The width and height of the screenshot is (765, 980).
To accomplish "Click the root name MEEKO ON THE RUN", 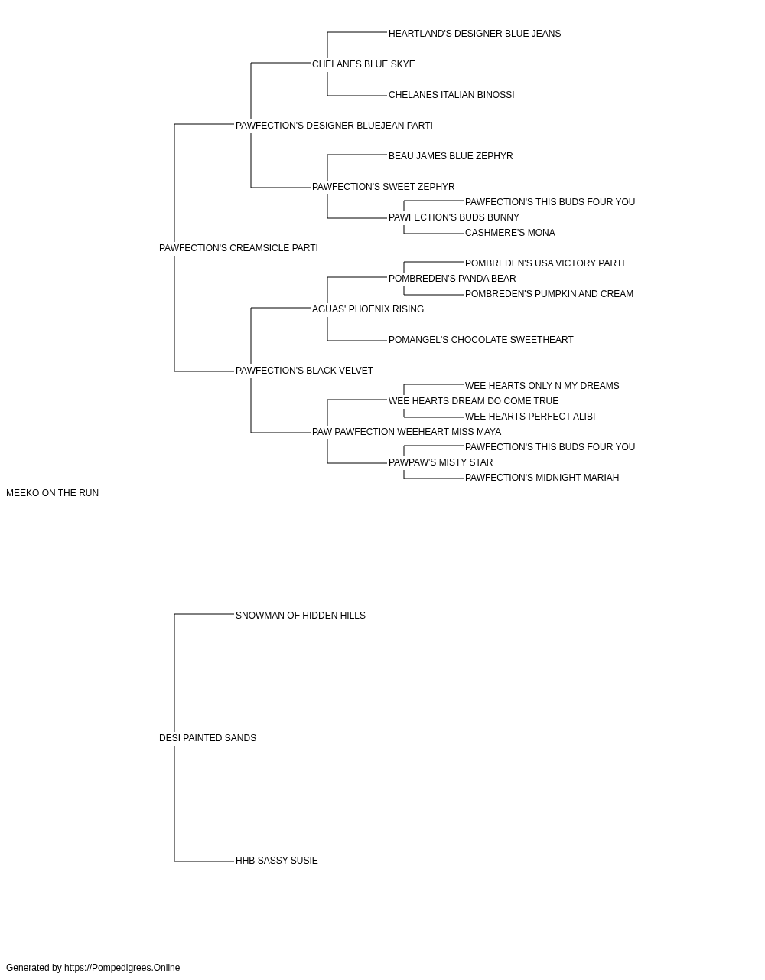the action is [52, 493].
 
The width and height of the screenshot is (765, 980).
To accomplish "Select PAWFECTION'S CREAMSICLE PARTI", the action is [239, 248].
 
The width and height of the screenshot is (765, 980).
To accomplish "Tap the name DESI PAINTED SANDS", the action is [207, 738].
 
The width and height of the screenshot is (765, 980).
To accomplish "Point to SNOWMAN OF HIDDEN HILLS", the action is [301, 615].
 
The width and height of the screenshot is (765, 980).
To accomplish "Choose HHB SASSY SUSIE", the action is [277, 861].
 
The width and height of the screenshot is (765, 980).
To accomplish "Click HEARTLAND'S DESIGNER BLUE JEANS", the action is [475, 34].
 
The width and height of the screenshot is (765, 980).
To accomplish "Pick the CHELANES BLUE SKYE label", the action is [363, 64].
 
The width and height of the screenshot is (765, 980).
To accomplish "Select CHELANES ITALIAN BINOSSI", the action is [451, 95].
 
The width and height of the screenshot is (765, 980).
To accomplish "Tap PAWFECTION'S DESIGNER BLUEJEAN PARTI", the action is [334, 126].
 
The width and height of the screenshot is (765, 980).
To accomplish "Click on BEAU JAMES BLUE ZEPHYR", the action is [451, 156].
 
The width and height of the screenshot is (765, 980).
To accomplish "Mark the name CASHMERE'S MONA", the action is [510, 233].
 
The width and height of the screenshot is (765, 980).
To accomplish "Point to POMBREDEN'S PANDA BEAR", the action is [452, 279].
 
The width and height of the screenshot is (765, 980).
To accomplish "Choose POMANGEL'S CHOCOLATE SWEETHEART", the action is [481, 340].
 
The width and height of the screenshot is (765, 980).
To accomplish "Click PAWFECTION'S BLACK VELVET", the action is [304, 371].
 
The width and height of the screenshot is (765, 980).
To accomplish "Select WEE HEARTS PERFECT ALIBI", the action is [530, 416].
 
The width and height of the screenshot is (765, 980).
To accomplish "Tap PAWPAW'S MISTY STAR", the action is [441, 462].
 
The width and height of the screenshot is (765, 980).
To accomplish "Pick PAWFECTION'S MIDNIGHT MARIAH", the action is [542, 478].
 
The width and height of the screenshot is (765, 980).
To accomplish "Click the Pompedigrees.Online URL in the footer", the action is [122, 968].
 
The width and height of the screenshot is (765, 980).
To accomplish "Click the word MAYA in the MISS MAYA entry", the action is [489, 432].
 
